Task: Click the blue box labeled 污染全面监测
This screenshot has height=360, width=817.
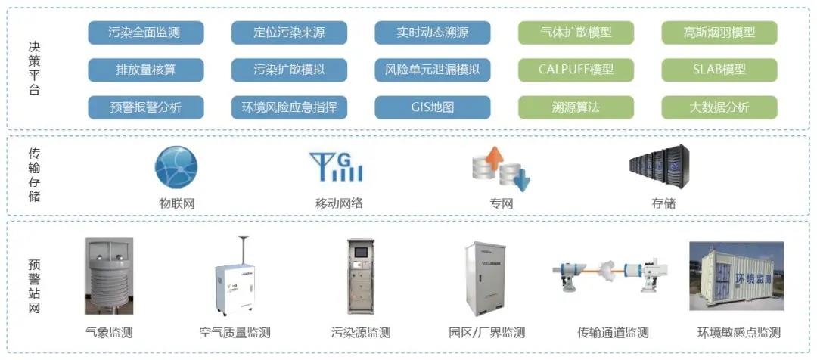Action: (x=145, y=33)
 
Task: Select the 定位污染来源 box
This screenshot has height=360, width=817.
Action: (x=289, y=33)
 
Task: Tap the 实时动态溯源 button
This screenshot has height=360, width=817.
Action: (x=432, y=33)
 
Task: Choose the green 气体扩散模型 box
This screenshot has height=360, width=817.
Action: (x=576, y=33)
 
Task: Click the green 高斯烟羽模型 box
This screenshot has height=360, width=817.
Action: (x=719, y=33)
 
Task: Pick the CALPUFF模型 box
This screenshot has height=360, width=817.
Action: (x=576, y=70)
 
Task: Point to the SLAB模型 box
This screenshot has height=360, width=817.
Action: (x=719, y=70)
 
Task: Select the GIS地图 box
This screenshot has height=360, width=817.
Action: (x=432, y=107)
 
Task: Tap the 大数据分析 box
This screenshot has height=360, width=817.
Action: (x=719, y=107)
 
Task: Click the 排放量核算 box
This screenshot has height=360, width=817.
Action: (x=145, y=70)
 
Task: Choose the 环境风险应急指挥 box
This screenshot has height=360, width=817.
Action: (x=289, y=107)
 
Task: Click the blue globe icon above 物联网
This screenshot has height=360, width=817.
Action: (x=176, y=167)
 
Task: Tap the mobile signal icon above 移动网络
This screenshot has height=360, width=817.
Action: (x=336, y=167)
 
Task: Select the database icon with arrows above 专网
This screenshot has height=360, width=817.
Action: (x=500, y=169)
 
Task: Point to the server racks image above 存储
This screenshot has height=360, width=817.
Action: (x=659, y=167)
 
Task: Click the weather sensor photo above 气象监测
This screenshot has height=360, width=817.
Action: (x=109, y=276)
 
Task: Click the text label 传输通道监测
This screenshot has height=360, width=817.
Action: (x=613, y=333)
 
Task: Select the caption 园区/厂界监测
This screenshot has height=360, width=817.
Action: (x=487, y=333)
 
